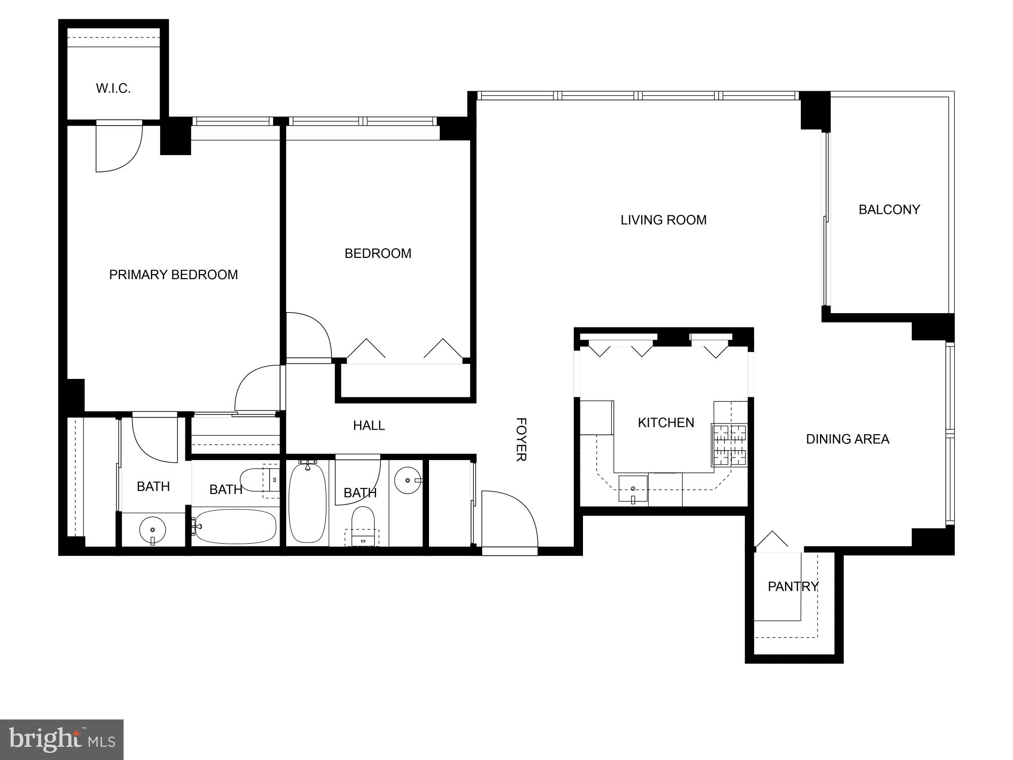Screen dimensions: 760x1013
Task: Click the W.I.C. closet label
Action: pyautogui.click(x=113, y=89)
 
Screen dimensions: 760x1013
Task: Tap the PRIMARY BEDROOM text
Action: pyautogui.click(x=173, y=275)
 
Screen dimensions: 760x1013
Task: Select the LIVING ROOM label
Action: pyautogui.click(x=664, y=220)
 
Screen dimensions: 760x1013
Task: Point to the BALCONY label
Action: pyautogui.click(x=889, y=209)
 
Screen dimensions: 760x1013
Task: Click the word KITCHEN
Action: pyautogui.click(x=666, y=423)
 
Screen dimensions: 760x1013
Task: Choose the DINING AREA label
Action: pyautogui.click(x=847, y=439)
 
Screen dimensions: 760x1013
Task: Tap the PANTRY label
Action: pyautogui.click(x=793, y=586)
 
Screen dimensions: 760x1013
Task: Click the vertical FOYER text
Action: pyautogui.click(x=521, y=439)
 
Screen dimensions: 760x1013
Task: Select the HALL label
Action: pyautogui.click(x=369, y=426)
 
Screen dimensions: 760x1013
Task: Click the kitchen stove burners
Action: pyautogui.click(x=730, y=445)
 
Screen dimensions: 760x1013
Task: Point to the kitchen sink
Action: pyautogui.click(x=633, y=489)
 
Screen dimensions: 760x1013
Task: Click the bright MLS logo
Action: pyautogui.click(x=62, y=739)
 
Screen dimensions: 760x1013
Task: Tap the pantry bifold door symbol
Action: pyautogui.click(x=771, y=540)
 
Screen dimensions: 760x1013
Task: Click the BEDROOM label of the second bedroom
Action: pyautogui.click(x=378, y=253)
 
